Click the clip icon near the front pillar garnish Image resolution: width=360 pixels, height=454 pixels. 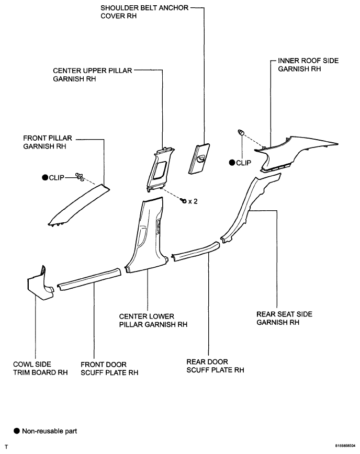tap(80, 177)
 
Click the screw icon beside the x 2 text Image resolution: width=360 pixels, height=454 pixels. tap(184, 200)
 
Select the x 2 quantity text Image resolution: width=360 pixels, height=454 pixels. tap(194, 201)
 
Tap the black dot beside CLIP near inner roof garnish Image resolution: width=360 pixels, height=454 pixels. tap(232, 163)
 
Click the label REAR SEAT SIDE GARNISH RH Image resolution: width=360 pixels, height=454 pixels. tap(284, 318)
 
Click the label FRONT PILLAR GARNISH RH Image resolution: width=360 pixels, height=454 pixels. tap(47, 143)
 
